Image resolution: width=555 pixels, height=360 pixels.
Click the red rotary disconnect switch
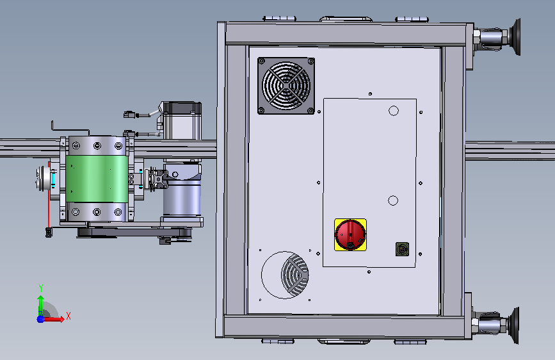(x=350, y=234)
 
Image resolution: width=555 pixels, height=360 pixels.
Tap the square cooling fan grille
(x=286, y=86)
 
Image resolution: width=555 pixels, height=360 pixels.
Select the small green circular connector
(x=402, y=249)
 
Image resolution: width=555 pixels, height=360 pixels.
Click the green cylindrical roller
(x=97, y=178)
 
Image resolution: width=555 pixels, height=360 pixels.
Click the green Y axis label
(x=41, y=288)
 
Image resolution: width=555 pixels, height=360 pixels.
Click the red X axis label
(x=68, y=316)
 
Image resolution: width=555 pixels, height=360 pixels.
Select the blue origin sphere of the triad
(x=40, y=319)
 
